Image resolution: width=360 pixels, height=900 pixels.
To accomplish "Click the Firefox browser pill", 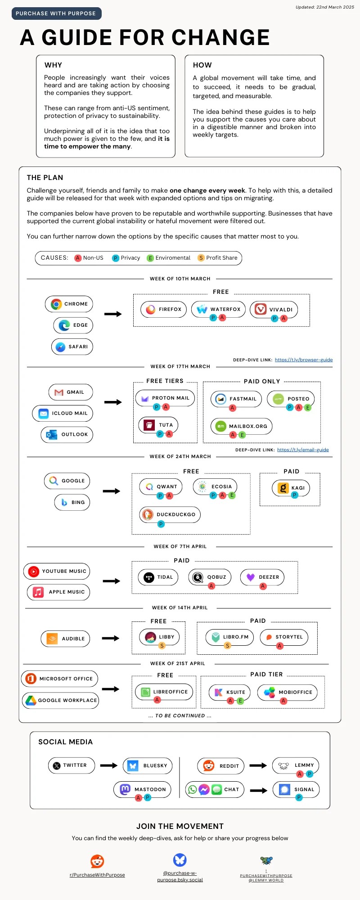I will click(x=164, y=309).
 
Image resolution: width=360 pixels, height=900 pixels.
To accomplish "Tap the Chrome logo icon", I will click(x=56, y=304).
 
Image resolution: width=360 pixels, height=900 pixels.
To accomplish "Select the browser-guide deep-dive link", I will click(x=304, y=360).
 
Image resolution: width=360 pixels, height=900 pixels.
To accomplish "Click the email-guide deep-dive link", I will click(x=303, y=450).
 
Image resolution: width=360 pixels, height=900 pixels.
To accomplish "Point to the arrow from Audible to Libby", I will click(x=110, y=638).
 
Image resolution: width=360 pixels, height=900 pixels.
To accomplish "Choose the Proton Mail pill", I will click(x=165, y=398).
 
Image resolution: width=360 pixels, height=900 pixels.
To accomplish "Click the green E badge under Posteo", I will click(x=308, y=408).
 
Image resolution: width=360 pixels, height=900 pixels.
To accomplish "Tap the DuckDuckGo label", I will click(x=176, y=514).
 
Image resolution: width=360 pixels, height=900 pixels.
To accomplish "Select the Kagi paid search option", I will click(x=291, y=488).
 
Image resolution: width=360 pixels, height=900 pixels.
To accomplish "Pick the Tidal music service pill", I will click(x=158, y=577).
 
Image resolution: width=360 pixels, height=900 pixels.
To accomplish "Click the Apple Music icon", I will click(x=38, y=592).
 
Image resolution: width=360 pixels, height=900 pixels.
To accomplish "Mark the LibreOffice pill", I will click(x=164, y=692).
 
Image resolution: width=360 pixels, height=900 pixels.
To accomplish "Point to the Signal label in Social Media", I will click(x=304, y=789).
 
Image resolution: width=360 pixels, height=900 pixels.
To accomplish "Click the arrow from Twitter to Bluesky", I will click(x=108, y=765).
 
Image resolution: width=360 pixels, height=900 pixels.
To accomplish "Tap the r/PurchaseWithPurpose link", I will click(x=97, y=875).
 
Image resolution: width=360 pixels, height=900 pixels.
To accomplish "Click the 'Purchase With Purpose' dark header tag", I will click(x=56, y=13).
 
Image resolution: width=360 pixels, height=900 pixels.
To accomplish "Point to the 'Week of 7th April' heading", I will click(x=180, y=547).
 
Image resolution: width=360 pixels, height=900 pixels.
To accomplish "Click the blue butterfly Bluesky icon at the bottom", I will click(x=180, y=860).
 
